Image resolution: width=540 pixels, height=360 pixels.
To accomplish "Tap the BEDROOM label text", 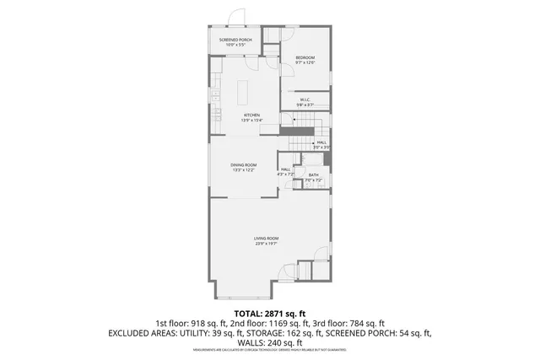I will point(305,57).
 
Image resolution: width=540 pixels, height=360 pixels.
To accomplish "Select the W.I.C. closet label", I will point(305,100).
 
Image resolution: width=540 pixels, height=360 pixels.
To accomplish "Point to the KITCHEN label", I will point(252,115).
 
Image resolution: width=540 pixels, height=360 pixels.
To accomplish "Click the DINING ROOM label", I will point(245,164).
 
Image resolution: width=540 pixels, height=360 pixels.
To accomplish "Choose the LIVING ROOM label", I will point(267,239).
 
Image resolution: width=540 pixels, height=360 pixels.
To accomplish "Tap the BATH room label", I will point(313,175).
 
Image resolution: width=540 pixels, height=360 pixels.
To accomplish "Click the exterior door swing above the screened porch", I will point(239,19).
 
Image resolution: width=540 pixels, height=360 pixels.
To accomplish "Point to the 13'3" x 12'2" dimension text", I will point(245,170).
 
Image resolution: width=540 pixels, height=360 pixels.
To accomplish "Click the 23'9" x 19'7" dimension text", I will point(267,244).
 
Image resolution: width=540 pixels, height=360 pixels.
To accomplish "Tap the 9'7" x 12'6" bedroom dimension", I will point(305,63).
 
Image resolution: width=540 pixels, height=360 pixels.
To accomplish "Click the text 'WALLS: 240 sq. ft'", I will point(270,343).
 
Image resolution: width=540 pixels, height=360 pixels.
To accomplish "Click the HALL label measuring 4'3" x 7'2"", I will point(286,170).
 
